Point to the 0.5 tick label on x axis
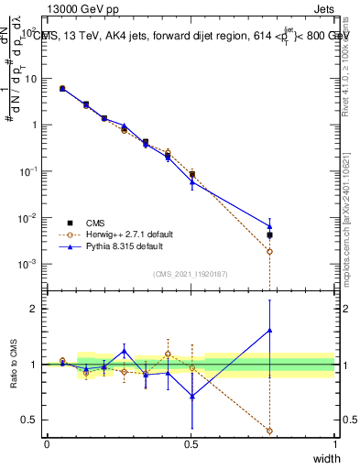pos(191,444)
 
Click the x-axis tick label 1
pos(335,444)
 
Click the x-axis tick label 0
pos(47,444)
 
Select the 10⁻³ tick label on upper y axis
pos(29,264)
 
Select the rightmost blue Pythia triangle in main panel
pos(269,225)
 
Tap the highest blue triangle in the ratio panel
pos(269,331)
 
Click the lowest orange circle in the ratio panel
pos(269,431)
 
